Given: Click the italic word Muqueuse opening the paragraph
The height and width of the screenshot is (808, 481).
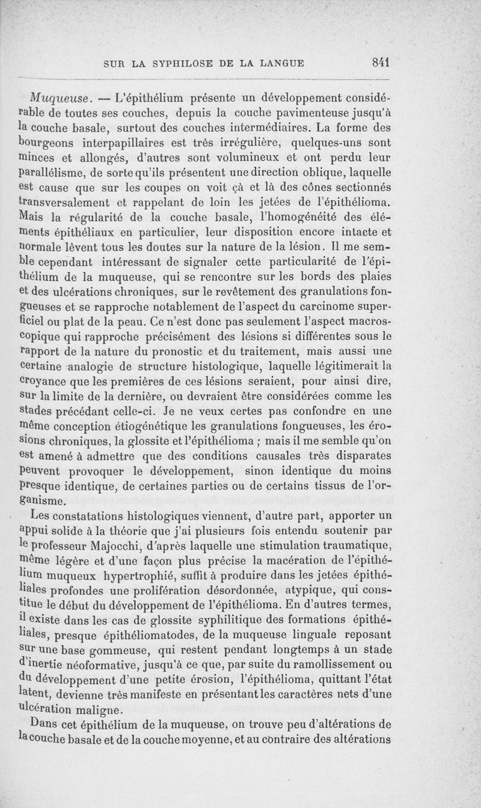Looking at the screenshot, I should (x=59, y=97).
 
